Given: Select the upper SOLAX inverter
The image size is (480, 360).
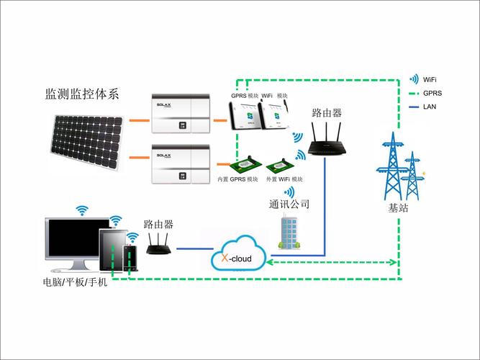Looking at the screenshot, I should pos(180,114).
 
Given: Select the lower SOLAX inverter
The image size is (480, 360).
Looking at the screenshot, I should pos(180,163).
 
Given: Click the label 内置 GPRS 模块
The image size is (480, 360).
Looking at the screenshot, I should pos(237,179).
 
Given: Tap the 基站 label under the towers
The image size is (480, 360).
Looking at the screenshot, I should pos(397,208).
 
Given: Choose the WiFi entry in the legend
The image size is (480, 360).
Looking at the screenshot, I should pos(430,79).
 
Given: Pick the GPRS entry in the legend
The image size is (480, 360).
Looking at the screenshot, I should pos(432,93).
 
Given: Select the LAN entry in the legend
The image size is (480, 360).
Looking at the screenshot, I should pos(430,107).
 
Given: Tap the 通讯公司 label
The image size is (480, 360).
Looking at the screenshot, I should pos(289,205).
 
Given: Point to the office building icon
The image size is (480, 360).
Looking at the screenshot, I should pos(289,231).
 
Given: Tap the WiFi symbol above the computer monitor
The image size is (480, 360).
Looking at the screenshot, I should pos(82,210).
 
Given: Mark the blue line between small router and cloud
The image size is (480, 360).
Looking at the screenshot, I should pos(194,249).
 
